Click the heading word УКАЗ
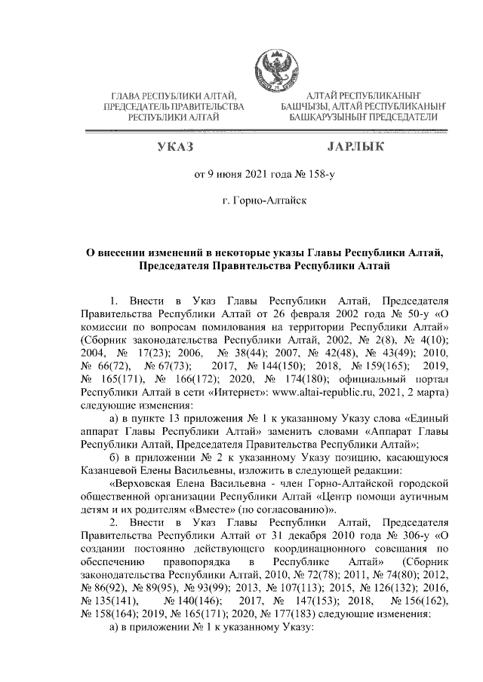(x=175, y=146)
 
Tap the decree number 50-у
(x=412, y=311)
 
